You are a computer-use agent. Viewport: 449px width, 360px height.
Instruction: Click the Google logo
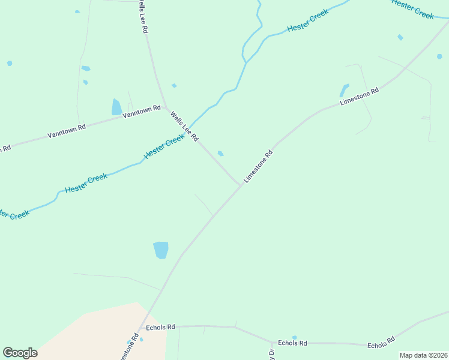point(20,353)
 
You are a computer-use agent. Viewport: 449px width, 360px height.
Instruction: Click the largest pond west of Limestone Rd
point(161,250)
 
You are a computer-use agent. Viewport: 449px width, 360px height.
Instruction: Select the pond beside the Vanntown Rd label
point(116,107)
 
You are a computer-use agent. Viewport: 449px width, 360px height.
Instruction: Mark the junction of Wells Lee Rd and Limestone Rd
point(241,185)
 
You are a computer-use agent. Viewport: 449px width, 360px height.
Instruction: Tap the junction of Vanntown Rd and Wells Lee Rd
point(165,107)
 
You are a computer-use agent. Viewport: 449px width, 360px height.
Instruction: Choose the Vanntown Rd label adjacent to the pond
point(142,111)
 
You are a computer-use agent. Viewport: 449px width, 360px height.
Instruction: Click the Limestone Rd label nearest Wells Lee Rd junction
point(259,166)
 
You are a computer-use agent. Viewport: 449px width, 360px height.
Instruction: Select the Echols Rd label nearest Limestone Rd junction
point(160,327)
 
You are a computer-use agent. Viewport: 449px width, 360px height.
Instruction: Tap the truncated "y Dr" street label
point(271,355)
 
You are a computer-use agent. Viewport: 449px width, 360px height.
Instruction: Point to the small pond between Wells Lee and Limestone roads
point(221,154)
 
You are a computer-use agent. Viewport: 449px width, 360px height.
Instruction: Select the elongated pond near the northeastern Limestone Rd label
point(344,90)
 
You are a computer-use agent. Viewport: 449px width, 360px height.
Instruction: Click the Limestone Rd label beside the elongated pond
point(360,97)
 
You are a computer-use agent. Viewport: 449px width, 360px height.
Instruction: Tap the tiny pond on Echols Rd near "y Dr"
point(294,337)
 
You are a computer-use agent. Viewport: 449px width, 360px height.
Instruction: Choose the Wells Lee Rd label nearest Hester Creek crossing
point(184,126)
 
